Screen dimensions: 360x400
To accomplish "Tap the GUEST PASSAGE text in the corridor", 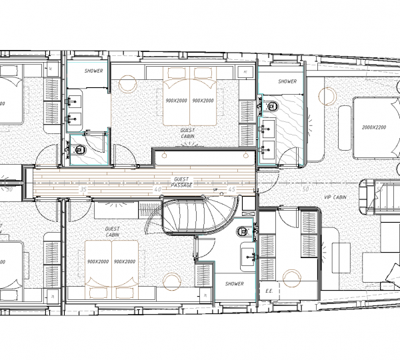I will (181, 182).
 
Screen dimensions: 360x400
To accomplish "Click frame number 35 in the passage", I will (83, 190).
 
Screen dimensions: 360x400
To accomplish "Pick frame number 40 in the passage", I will (157, 190).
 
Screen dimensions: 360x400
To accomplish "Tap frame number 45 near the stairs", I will (232, 190).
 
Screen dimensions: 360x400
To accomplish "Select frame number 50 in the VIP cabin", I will (306, 190).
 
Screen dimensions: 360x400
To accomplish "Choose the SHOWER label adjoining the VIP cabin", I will (287, 81).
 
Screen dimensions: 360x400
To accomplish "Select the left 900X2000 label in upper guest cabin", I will (176, 101).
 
